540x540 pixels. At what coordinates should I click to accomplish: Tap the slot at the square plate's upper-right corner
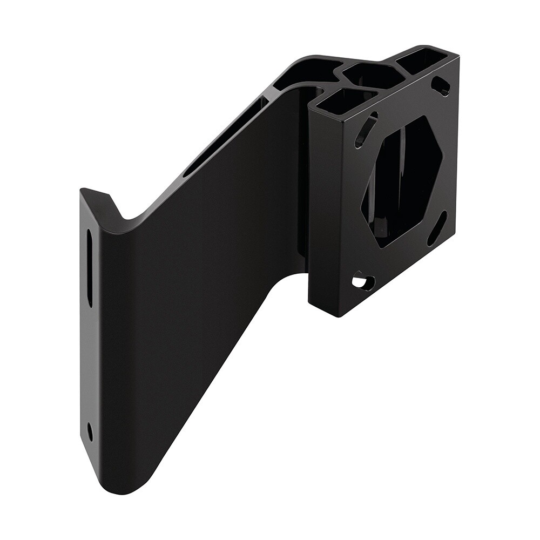click(441, 85)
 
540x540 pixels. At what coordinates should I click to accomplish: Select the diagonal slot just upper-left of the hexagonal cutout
click(366, 130)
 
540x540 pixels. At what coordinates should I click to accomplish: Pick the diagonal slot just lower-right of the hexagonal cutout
click(437, 228)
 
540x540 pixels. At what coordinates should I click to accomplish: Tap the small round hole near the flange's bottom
click(90, 431)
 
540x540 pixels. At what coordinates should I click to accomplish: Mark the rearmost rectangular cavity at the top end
click(421, 59)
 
